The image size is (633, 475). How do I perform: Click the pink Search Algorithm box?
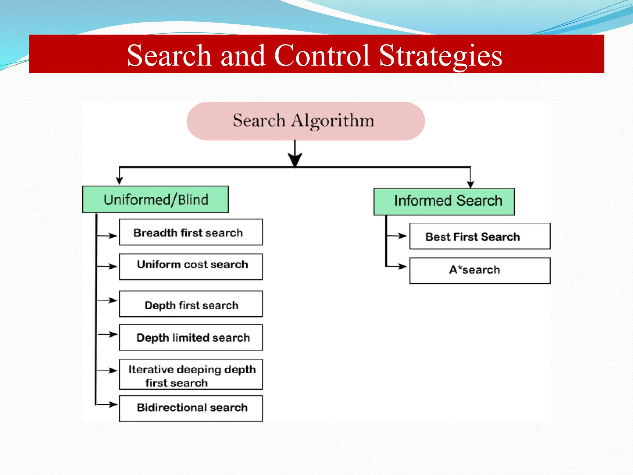point(305,121)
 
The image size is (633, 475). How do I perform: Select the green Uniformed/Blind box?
point(155,199)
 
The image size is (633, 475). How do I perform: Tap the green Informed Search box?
point(444,201)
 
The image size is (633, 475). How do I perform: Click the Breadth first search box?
point(191,232)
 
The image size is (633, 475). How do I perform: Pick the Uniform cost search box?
point(191,267)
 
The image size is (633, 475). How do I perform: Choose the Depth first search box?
point(191,304)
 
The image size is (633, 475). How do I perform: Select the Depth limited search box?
point(191,337)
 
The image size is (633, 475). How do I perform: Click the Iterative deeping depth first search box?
point(191,374)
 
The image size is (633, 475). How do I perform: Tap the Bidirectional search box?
point(191,408)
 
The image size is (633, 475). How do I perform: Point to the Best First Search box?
point(480,236)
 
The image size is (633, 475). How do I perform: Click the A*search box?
point(480,271)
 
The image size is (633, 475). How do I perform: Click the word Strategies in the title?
point(440,56)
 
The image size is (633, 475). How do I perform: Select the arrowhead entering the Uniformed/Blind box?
point(119,181)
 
